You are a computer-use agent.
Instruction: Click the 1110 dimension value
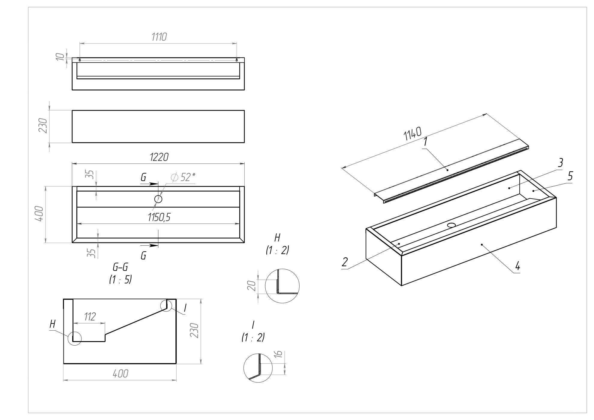point(159,37)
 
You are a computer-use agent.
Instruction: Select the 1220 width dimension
point(159,157)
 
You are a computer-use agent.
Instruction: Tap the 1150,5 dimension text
point(159,217)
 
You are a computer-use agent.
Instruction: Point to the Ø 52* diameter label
point(183,177)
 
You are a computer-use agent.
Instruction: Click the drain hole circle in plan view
point(158,199)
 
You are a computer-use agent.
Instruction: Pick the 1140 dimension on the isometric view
point(413,133)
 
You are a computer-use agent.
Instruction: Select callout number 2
point(345,262)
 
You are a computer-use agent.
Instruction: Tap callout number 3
point(560,163)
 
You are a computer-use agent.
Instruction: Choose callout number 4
point(517,266)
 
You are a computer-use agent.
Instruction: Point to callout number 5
point(570,176)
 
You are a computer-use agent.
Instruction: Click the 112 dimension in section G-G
point(90,316)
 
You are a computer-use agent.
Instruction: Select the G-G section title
point(121,267)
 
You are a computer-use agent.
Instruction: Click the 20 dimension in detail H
point(252,286)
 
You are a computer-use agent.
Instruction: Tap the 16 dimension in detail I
point(278,354)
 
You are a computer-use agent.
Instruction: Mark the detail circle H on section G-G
point(75,338)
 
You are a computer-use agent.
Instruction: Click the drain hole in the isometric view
point(451,225)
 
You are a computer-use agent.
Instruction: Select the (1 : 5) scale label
point(121,280)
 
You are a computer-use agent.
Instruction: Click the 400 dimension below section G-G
point(121,373)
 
